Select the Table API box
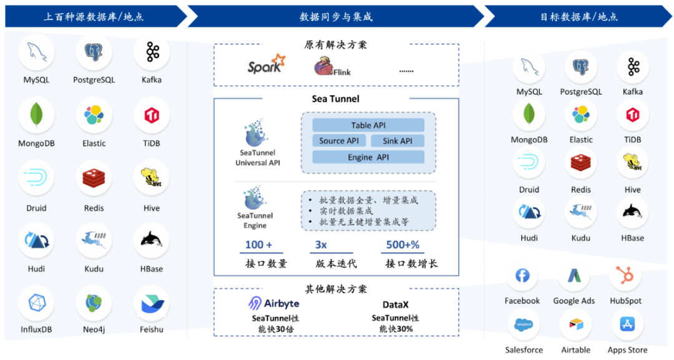368,125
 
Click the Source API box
339,141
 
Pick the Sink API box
398,141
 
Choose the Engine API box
368,157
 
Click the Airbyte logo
273,304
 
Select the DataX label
396,304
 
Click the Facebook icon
522,275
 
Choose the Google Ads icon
574,275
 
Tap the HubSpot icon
625,275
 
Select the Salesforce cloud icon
523,324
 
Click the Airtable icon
575,324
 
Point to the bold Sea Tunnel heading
336,99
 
